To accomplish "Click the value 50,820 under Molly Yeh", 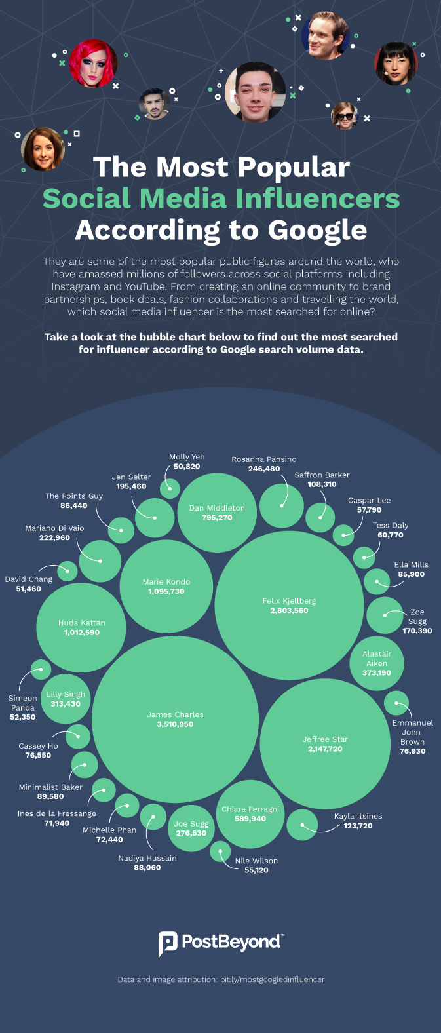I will (187, 467).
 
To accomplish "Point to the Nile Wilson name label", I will (256, 861).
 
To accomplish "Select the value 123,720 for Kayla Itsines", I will (358, 826).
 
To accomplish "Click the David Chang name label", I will (28, 579).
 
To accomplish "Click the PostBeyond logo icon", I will (168, 944).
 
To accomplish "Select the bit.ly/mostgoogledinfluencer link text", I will (272, 979).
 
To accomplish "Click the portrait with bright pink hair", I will (94, 64).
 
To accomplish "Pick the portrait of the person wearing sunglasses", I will (344, 115).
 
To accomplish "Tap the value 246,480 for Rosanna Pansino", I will (264, 469).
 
